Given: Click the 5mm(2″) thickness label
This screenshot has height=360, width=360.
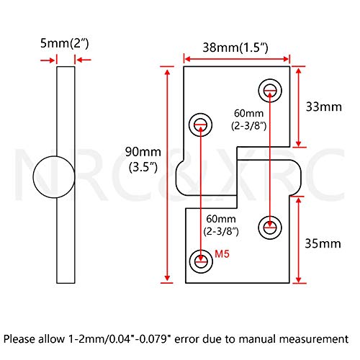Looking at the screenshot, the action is [65, 44].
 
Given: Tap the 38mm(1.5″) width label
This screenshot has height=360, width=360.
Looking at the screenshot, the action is [235, 48].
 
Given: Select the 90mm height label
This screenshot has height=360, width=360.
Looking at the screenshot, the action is [143, 152].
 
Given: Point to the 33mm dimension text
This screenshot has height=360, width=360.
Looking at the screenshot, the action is [324, 107].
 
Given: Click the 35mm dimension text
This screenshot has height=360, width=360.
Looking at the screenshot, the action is [323, 243].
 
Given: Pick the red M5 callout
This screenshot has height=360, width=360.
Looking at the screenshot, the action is [222, 253].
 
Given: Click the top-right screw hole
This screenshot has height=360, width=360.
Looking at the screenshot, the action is [270, 91].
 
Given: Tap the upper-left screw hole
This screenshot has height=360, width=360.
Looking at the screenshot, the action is [200, 125].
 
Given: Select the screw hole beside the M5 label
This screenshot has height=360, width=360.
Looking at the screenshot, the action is [201, 261].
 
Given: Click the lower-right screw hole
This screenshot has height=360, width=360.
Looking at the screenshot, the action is [270, 228].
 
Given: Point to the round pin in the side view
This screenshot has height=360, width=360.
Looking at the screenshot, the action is [54, 177].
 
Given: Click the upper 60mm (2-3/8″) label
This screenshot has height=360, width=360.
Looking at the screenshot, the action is [249, 120].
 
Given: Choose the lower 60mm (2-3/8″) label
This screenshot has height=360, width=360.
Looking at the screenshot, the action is [221, 225].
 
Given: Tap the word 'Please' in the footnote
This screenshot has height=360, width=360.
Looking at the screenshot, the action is [19, 339].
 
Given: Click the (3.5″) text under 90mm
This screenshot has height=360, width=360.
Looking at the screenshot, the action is [143, 167].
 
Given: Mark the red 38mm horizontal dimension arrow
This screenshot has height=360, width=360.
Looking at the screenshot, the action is [237, 59].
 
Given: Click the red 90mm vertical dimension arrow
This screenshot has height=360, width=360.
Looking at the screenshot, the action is [168, 175].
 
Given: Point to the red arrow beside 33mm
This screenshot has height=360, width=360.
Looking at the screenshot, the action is [298, 107].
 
